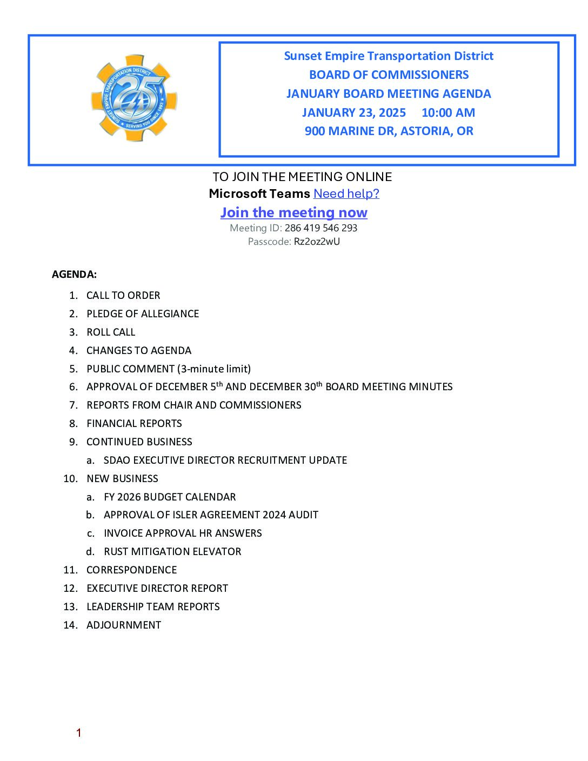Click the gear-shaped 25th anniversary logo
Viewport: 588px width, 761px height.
[134, 98]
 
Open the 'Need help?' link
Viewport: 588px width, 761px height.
[346, 193]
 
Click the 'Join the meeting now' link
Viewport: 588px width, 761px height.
[293, 212]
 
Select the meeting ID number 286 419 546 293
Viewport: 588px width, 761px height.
[321, 228]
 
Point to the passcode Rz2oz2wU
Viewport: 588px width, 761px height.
[317, 242]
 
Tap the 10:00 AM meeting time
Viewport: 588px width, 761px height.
[448, 112]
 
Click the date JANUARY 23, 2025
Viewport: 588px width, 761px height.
[354, 112]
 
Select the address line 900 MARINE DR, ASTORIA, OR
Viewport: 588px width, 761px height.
[389, 131]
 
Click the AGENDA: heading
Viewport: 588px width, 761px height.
[74, 275]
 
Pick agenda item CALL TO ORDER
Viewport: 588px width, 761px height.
[123, 296]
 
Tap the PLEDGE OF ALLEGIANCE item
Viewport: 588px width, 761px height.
[143, 314]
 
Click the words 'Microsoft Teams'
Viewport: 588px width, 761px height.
[259, 193]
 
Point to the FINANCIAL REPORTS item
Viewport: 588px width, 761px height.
[134, 424]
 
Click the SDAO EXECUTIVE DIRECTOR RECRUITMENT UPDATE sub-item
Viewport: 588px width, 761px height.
[225, 460]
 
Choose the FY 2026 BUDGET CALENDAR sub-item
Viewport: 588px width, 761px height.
[170, 497]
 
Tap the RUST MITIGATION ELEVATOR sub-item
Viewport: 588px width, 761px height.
[172, 552]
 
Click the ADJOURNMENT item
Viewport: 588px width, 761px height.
[124, 625]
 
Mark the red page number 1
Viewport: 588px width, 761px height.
[79, 733]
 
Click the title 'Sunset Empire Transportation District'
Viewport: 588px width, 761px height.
[389, 56]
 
